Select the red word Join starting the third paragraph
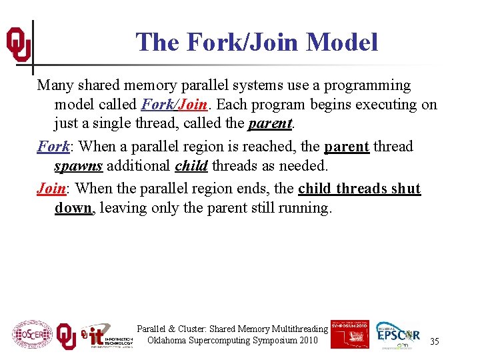51,188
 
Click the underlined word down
73,208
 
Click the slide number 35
435,341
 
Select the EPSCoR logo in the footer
397,335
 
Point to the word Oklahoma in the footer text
167,341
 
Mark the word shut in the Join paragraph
405,188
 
